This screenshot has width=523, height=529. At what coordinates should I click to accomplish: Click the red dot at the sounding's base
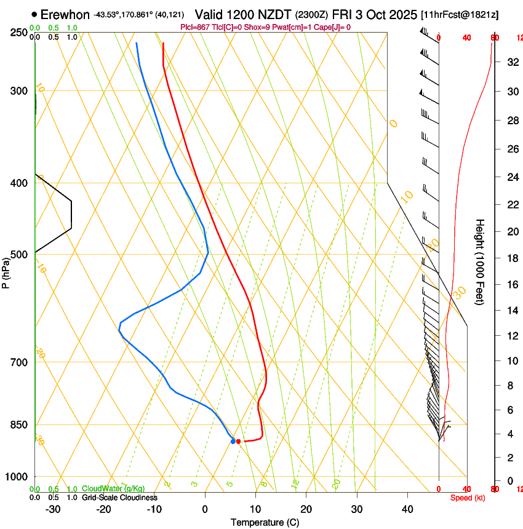click(238, 441)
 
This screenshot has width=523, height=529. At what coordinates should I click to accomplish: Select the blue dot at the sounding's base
click(233, 441)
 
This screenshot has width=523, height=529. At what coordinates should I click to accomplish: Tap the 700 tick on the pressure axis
click(19, 362)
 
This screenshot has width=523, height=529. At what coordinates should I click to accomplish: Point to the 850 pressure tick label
click(19, 425)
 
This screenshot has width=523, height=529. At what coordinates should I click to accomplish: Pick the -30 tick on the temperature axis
click(53, 509)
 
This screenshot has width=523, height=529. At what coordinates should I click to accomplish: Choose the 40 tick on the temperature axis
click(407, 509)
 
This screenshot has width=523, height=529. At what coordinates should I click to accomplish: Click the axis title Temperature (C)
click(265, 522)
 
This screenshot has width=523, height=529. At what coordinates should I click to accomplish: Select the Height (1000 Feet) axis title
click(481, 261)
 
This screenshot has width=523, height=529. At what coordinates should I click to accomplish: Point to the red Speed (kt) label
click(468, 498)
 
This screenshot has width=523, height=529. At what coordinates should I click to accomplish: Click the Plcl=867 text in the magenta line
click(196, 28)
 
